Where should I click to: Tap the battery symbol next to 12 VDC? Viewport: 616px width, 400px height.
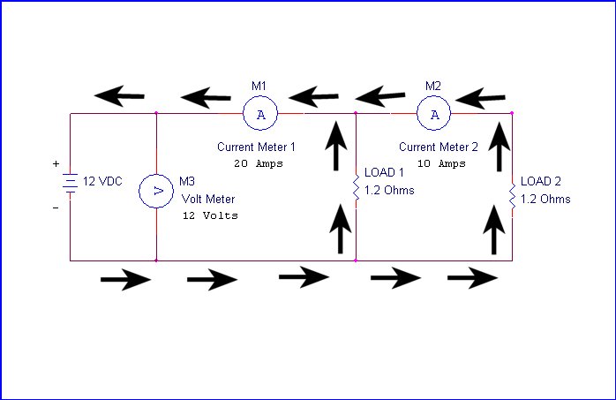(x=70, y=183)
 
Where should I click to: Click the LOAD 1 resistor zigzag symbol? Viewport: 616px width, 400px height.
(x=356, y=187)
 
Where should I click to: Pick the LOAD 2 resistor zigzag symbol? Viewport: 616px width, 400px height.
(x=512, y=196)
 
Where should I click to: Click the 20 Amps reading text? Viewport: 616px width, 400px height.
(x=259, y=163)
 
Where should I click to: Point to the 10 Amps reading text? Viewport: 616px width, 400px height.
(x=441, y=163)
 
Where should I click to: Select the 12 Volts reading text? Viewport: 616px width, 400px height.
(x=210, y=215)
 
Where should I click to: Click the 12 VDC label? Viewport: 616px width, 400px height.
(x=102, y=181)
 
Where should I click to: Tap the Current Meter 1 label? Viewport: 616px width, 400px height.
(x=256, y=147)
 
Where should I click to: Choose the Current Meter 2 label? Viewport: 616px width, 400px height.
(x=439, y=147)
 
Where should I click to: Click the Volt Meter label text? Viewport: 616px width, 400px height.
(x=208, y=199)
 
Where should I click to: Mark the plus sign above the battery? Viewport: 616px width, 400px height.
(x=56, y=163)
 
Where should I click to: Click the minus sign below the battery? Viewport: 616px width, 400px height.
(x=56, y=208)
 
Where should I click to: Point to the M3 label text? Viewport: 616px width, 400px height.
(x=187, y=181)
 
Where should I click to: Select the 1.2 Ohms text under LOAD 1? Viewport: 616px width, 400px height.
(x=389, y=190)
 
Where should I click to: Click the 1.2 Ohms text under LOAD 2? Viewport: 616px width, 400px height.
(x=545, y=199)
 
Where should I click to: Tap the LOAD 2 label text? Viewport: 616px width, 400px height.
(x=541, y=181)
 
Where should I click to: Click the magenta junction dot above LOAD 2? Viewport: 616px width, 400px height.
(x=512, y=113)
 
